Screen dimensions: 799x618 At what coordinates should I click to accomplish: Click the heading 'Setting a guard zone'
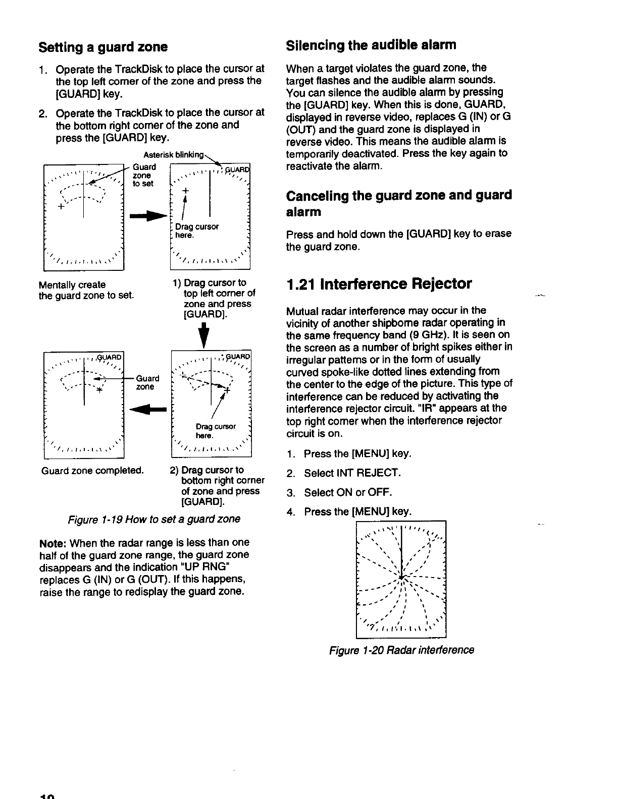click(103, 47)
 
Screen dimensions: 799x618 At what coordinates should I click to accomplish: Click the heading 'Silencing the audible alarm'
click(371, 45)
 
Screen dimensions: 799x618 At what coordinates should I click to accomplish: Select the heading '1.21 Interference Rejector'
click(379, 284)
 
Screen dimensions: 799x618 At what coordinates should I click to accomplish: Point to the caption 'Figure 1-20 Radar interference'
click(401, 650)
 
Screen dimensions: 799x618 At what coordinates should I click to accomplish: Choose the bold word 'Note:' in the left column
click(54, 543)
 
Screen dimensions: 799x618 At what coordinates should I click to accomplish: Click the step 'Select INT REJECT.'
click(352, 473)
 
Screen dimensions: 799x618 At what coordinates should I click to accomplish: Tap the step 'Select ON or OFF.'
click(347, 492)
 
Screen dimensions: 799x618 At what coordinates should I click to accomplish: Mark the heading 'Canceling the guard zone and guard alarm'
click(399, 203)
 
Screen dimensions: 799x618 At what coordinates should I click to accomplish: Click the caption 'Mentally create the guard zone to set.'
click(86, 290)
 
